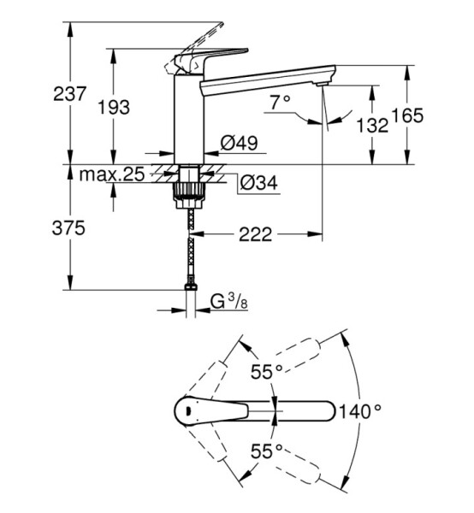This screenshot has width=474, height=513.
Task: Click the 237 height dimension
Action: pos(69,94)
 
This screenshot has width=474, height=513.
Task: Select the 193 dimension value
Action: pos(115,107)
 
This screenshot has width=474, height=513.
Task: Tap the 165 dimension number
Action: pos(407,115)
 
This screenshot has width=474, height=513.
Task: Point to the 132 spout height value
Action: pos(372,125)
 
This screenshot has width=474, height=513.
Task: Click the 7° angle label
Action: pos(281,103)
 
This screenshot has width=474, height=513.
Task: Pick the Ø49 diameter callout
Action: pos(239,143)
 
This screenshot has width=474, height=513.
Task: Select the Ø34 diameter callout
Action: pos(258,183)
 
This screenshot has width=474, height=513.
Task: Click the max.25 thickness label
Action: pos(111,174)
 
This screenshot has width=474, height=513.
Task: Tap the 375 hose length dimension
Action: pos(68,227)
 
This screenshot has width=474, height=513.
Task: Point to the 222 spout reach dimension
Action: pos(255,234)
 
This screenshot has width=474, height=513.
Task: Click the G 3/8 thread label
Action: pos(228,301)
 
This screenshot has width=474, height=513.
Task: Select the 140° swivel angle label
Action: pos(360,411)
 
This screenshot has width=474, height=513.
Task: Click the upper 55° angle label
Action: pos(266,371)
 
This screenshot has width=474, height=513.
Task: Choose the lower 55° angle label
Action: pos(266,451)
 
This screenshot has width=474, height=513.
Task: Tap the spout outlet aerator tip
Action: pos(322,85)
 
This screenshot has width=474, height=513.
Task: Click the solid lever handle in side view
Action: pos(211,59)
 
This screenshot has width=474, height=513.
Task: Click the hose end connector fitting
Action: pos(191,286)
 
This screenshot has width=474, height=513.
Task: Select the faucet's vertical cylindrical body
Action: pos(188,119)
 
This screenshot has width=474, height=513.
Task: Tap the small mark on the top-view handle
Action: pos(188,410)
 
